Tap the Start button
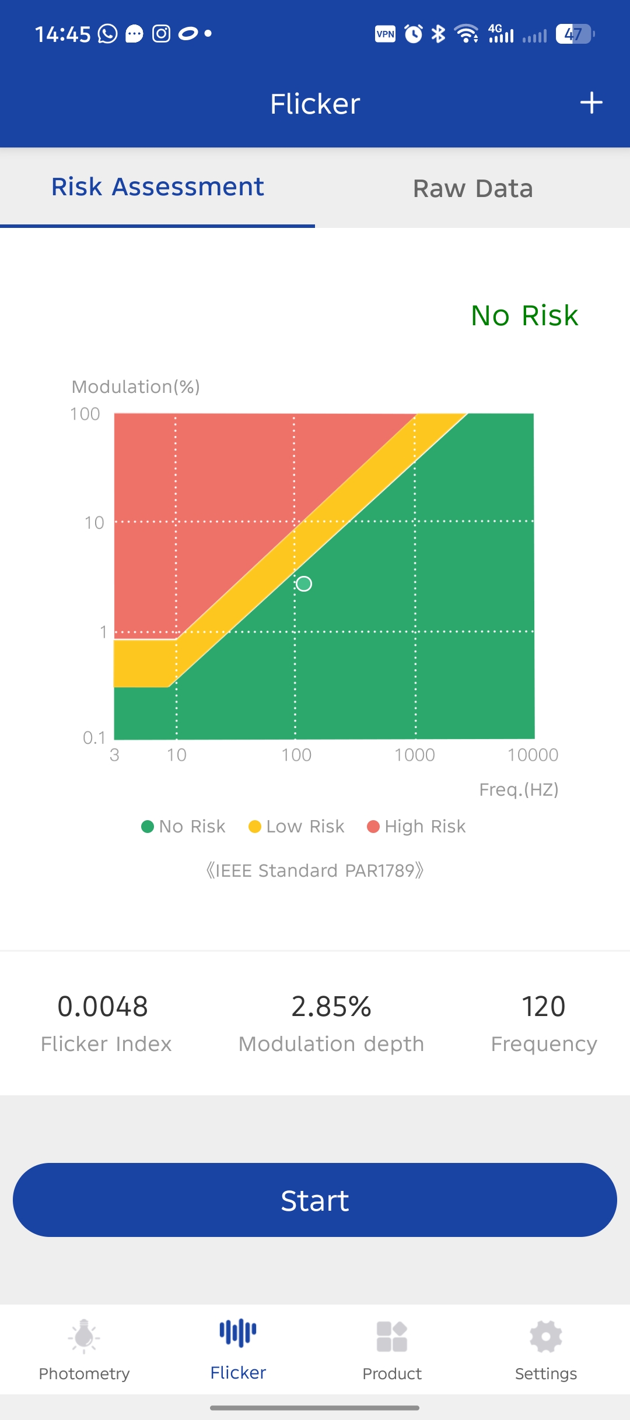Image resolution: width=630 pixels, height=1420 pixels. coord(315,1200)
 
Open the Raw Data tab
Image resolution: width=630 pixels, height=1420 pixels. coord(473,188)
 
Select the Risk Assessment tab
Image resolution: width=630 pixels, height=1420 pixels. coord(157,187)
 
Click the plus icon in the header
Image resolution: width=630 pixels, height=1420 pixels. coord(591,103)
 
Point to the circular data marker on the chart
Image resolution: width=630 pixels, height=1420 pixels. coord(304,584)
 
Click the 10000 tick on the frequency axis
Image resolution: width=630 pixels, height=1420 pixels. coord(533,755)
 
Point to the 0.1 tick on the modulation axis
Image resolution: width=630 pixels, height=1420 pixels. coord(94,738)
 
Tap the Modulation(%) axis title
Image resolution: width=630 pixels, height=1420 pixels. coord(136,386)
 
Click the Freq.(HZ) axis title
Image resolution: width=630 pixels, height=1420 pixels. coord(519,789)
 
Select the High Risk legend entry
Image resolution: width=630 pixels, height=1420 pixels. coord(416,827)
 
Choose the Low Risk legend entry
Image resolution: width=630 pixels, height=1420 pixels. coord(296,827)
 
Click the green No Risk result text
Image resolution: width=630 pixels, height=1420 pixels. coord(524,315)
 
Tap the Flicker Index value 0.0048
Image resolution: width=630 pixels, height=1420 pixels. coord(103,1007)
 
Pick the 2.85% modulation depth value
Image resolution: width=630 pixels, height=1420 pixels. coord(331,1007)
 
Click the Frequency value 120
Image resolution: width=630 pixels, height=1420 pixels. coord(543,1007)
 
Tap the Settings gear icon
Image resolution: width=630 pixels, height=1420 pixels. coord(546,1337)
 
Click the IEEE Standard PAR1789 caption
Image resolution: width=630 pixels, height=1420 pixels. coord(315,870)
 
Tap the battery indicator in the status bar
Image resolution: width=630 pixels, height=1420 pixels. coord(575,34)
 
